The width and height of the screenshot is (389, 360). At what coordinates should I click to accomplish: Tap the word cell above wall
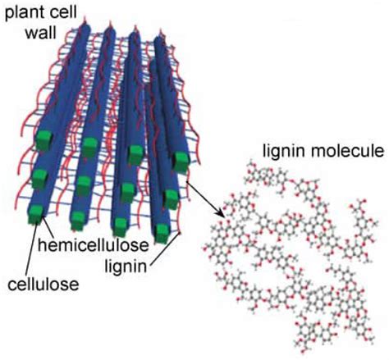point(62,11)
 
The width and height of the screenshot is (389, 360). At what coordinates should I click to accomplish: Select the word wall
point(40,32)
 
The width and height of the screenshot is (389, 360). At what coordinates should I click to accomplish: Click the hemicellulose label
point(93,244)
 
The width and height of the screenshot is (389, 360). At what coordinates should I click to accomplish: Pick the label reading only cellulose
point(43,285)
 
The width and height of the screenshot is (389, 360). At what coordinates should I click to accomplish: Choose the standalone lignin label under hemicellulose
point(126,266)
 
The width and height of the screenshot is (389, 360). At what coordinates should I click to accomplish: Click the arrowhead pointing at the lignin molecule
point(221,212)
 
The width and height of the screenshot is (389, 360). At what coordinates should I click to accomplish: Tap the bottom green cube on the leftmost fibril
point(36,214)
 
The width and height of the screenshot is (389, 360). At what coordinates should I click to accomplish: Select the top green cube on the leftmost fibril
point(44,139)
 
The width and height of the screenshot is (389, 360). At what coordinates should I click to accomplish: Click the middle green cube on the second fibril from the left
point(84,185)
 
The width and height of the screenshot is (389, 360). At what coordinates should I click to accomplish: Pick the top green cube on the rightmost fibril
point(181,162)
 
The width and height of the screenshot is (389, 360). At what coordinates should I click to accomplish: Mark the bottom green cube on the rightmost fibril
point(162,233)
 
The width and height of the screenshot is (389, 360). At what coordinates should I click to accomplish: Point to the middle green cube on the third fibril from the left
point(127,192)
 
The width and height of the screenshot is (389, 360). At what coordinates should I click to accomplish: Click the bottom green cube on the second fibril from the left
point(78,220)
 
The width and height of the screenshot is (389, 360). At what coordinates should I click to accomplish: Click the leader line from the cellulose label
point(32,245)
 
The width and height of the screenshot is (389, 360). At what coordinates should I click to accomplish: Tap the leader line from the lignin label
point(164,248)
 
